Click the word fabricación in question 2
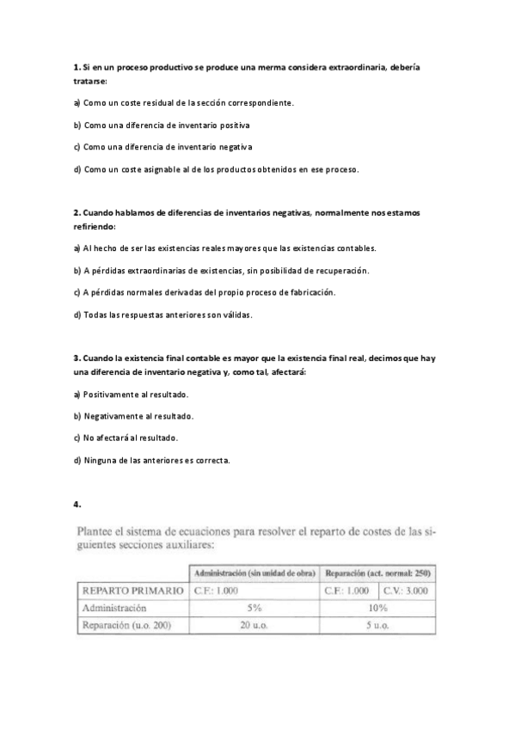[x=308, y=292]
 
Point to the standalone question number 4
[x=77, y=504]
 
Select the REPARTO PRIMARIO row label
[x=132, y=591]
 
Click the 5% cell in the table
[x=254, y=608]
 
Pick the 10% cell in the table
[x=378, y=608]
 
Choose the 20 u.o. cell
[x=254, y=625]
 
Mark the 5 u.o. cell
[x=378, y=625]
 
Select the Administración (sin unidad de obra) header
[x=254, y=572]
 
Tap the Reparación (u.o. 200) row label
[x=126, y=625]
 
